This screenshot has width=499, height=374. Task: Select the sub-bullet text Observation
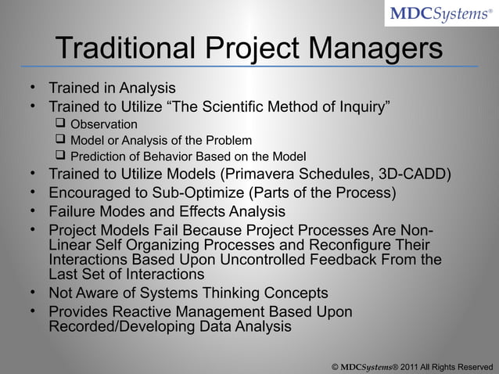pyautogui.click(x=104, y=124)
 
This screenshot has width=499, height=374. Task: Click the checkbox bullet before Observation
pyautogui.click(x=59, y=124)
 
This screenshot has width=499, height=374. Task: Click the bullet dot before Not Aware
pyautogui.click(x=34, y=293)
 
